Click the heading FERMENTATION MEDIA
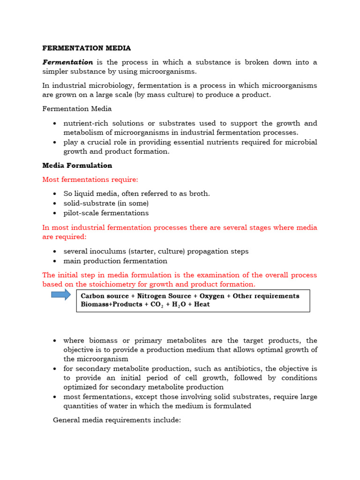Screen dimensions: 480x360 pyautogui.click(x=86, y=48)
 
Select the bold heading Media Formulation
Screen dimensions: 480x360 pyautogui.click(x=77, y=165)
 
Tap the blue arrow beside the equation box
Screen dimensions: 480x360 pyautogui.click(x=60, y=295)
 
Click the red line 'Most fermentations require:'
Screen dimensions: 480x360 pyautogui.click(x=90, y=180)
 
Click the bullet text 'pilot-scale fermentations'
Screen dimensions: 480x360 pyautogui.click(x=106, y=213)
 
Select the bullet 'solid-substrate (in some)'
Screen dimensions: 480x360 pyautogui.click(x=106, y=203)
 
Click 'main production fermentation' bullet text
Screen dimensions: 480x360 pyautogui.click(x=115, y=261)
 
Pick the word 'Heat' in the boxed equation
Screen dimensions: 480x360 pyautogui.click(x=202, y=304)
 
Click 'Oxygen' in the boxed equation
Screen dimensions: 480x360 pyautogui.click(x=212, y=296)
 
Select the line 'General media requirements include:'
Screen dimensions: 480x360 pyautogui.click(x=117, y=420)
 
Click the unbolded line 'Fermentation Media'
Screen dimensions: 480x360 pyautogui.click(x=77, y=109)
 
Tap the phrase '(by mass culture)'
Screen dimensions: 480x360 pyautogui.click(x=162, y=95)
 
